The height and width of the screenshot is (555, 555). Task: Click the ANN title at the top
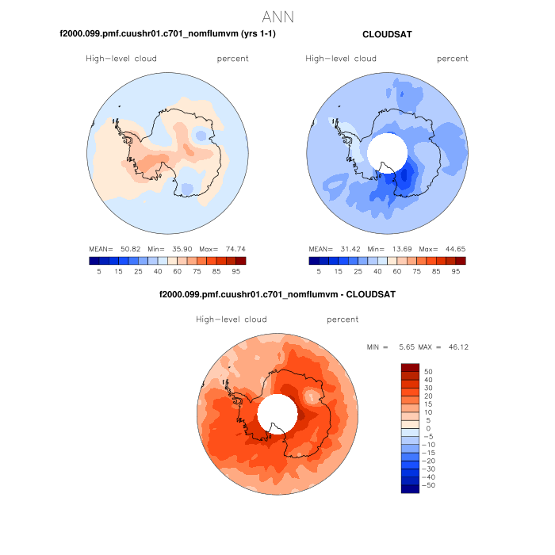tap(277, 17)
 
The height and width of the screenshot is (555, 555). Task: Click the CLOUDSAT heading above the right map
tap(386, 35)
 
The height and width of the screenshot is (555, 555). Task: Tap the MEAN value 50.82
tap(131, 249)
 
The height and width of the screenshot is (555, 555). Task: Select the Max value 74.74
tap(234, 249)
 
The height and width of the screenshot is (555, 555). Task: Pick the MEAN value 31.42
tap(350, 249)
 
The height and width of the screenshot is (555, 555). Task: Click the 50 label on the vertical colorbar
tap(428, 371)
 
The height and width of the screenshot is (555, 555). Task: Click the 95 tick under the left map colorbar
tap(236, 271)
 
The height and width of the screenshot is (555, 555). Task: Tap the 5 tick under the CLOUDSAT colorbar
tap(319, 271)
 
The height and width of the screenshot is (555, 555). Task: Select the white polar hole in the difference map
tap(277, 413)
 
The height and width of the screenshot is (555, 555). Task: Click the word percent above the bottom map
tap(343, 320)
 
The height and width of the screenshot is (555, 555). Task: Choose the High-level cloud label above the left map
tap(121, 59)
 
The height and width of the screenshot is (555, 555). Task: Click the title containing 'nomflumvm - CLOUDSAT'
tap(277, 295)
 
